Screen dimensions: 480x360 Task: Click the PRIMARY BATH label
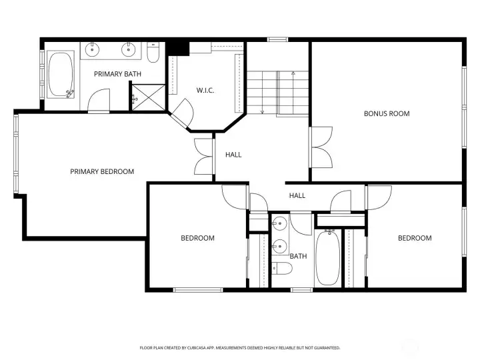click(117, 74)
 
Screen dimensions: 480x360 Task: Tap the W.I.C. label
click(205, 90)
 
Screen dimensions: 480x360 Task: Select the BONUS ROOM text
click(387, 113)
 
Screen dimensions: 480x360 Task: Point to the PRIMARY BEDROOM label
click(102, 171)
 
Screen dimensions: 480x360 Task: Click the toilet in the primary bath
click(153, 53)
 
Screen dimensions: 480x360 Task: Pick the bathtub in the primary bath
click(61, 75)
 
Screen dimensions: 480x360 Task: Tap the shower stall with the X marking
click(149, 97)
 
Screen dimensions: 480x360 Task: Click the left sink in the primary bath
click(92, 49)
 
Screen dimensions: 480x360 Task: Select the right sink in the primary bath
click(129, 49)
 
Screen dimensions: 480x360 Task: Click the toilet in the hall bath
click(282, 269)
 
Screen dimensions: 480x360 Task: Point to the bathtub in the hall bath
click(327, 258)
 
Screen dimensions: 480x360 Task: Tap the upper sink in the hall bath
click(279, 223)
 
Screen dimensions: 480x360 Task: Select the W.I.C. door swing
click(183, 113)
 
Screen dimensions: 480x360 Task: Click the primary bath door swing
click(99, 101)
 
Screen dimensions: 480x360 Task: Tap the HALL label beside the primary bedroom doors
click(233, 155)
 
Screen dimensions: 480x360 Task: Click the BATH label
click(298, 256)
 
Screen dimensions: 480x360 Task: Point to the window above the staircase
click(277, 39)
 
